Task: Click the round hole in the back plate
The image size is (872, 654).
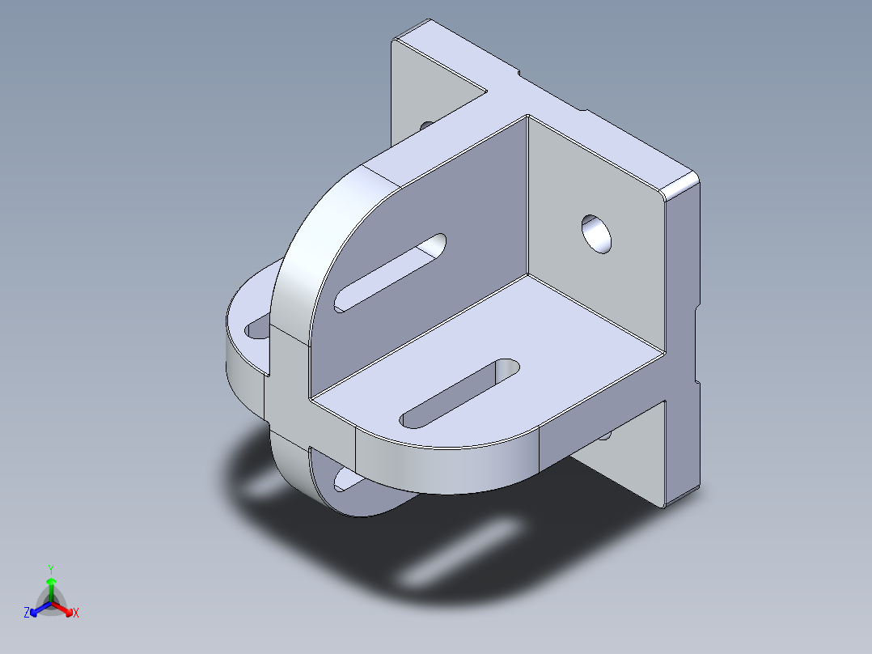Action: [x=598, y=233]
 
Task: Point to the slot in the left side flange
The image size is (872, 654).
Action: [x=258, y=327]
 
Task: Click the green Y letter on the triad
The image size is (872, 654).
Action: [x=50, y=568]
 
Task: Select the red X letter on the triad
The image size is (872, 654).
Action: [x=75, y=614]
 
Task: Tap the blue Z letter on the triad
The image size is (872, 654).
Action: [x=27, y=614]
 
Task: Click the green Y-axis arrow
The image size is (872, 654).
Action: [x=50, y=587]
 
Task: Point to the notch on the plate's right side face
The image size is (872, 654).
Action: [x=696, y=308]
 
